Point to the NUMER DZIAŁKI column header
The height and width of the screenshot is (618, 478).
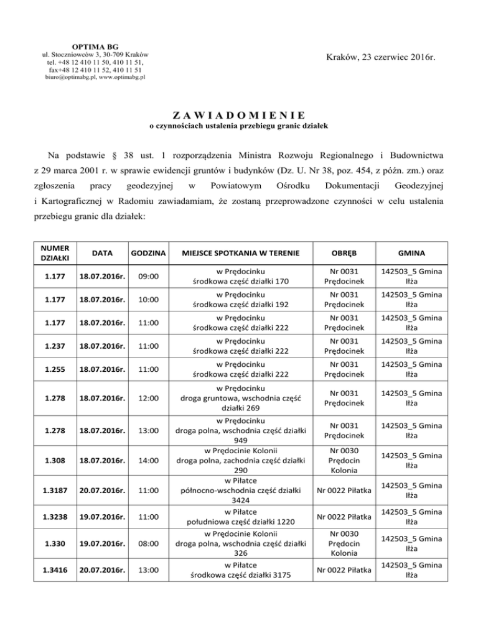click(55, 252)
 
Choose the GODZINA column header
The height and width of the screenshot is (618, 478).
click(148, 252)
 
